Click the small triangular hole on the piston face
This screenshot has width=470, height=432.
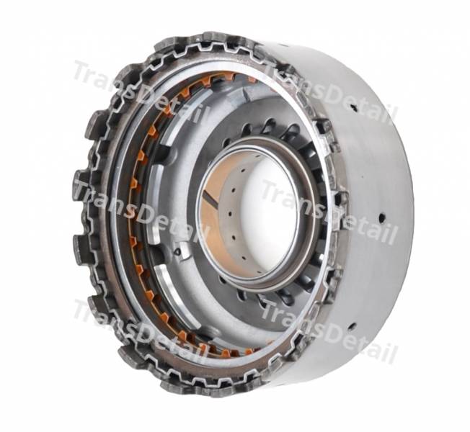point(178,252)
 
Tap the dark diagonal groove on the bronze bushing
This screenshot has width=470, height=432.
point(209,199)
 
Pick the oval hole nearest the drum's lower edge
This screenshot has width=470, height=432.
point(352,326)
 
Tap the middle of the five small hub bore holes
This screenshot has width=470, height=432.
point(230,213)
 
